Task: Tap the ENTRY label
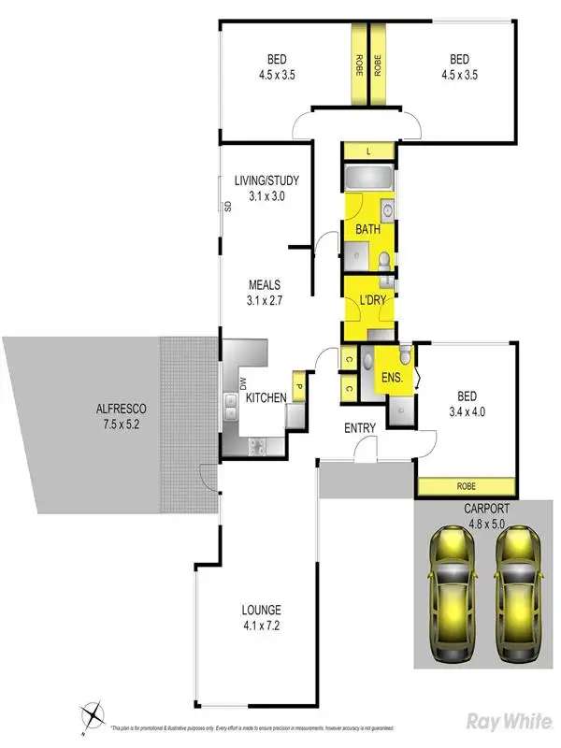point(360,428)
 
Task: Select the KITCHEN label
point(266,398)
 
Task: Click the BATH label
point(367,229)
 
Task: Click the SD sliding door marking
point(226,207)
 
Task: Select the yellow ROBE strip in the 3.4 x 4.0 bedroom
point(465,486)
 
